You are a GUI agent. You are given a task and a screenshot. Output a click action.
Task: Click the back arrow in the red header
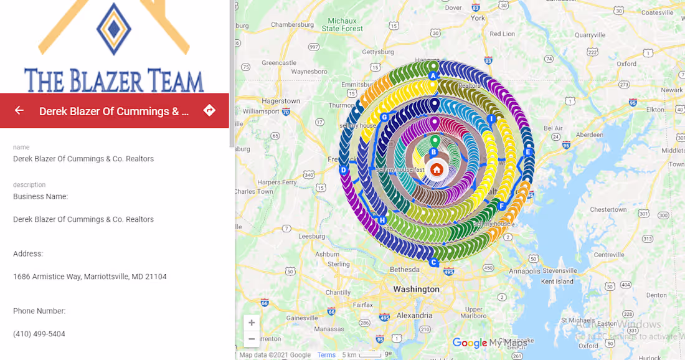(19, 110)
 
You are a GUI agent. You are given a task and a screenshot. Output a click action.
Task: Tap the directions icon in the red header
(209, 110)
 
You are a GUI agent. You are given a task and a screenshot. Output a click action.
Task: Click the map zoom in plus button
(252, 323)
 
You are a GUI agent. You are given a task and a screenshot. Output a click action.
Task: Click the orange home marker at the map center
(437, 169)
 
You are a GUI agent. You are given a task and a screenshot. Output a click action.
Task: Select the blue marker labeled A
(433, 76)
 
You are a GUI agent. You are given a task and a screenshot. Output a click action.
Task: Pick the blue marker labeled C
(433, 262)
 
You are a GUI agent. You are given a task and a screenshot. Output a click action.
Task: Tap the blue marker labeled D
(343, 170)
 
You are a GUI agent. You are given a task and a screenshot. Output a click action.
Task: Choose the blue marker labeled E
(528, 152)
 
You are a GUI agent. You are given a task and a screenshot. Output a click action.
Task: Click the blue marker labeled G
(384, 117)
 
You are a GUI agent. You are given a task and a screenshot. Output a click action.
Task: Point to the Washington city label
(416, 289)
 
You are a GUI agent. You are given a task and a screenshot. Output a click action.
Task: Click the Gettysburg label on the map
(379, 52)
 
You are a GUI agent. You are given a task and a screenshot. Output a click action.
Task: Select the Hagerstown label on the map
(281, 101)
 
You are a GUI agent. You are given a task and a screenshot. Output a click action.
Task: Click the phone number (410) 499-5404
(39, 334)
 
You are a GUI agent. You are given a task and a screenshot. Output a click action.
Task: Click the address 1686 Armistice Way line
(90, 277)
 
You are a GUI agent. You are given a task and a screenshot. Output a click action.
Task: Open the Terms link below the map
(326, 355)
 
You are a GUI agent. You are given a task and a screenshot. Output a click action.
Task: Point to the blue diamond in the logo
(114, 29)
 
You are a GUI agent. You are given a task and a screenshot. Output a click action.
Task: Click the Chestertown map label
(608, 209)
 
